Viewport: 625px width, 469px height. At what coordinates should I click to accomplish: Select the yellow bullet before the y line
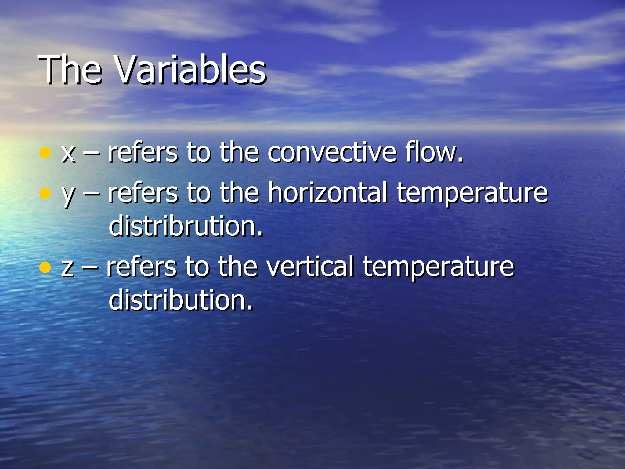pos(45,193)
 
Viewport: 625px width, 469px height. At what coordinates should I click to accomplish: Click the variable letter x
pos(68,153)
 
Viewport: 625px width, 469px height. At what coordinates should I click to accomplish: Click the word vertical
pos(310,266)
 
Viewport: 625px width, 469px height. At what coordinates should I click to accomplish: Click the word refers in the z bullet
pos(141,266)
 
